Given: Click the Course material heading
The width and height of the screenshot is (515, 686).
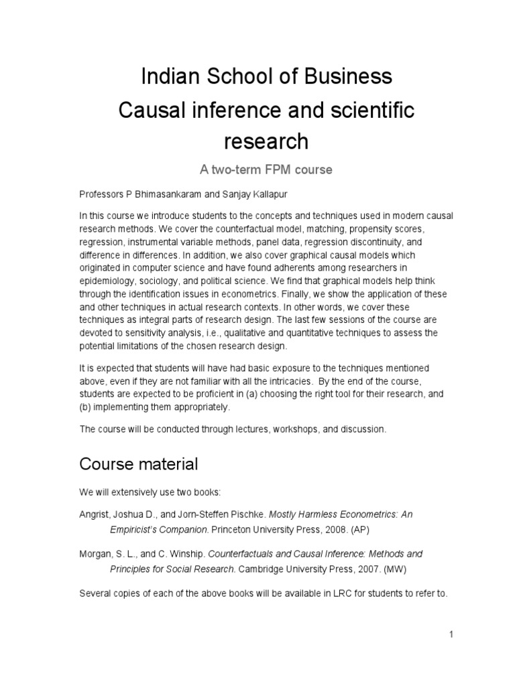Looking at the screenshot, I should [138, 464].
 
